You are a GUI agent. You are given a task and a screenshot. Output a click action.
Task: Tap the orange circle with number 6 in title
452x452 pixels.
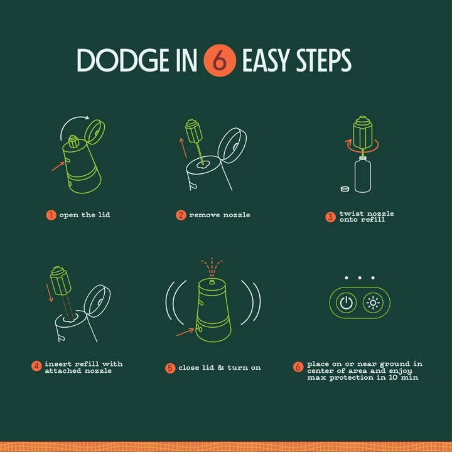219,60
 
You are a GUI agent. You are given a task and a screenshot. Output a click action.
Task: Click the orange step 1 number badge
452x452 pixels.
51,215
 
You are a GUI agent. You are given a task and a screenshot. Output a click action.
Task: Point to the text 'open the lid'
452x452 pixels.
85,215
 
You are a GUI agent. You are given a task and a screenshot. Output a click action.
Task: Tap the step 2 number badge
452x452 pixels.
181,215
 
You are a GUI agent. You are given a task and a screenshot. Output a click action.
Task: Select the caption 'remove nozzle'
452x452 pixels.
220,215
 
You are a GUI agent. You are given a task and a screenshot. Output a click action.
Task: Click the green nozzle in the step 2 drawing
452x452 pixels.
192,133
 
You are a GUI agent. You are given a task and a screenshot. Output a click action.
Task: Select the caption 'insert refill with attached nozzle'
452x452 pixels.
83,367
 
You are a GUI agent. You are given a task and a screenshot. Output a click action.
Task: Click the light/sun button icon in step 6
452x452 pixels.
373,304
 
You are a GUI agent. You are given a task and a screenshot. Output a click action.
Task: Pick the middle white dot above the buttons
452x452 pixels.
360,277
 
